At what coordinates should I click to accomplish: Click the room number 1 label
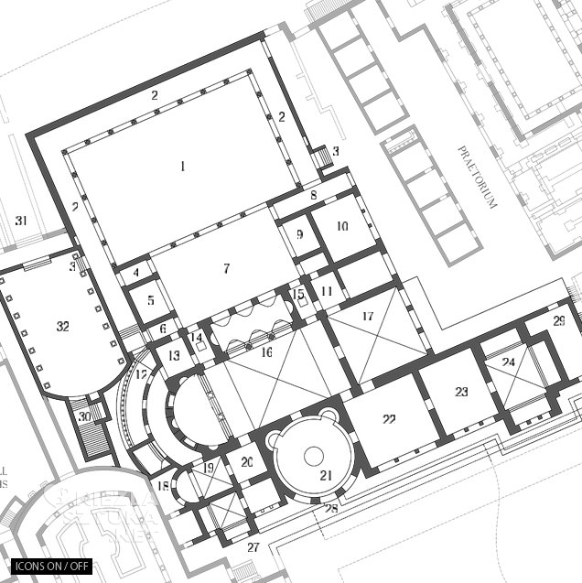(x=182, y=166)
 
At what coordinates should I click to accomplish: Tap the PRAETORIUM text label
(x=477, y=177)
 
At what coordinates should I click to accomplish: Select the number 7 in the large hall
(x=225, y=268)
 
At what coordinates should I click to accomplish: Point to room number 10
(x=342, y=226)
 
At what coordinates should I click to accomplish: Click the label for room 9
(x=299, y=235)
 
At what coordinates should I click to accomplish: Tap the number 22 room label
(x=389, y=419)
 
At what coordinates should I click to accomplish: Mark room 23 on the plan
(x=461, y=392)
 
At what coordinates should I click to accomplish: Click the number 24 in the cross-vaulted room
(x=508, y=362)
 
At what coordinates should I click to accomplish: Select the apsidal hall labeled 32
(x=62, y=326)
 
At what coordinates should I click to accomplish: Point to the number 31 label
(x=21, y=221)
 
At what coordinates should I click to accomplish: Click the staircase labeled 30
(x=85, y=416)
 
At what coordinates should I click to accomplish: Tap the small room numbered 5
(x=151, y=299)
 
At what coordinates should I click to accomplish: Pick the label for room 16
(x=266, y=351)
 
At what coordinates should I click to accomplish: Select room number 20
(x=246, y=463)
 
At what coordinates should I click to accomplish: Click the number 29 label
(x=559, y=320)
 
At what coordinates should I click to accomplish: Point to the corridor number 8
(x=313, y=195)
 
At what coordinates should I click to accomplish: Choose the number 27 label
(x=253, y=547)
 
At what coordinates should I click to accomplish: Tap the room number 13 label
(x=174, y=356)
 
